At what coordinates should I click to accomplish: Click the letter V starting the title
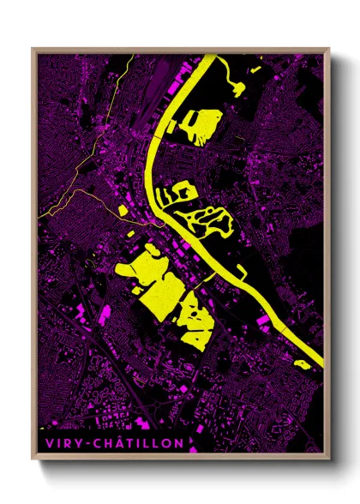pyautogui.click(x=44, y=443)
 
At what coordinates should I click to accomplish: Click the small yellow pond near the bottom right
pyautogui.click(x=301, y=364)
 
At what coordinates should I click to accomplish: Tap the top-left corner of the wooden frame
pyautogui.click(x=33, y=49)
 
